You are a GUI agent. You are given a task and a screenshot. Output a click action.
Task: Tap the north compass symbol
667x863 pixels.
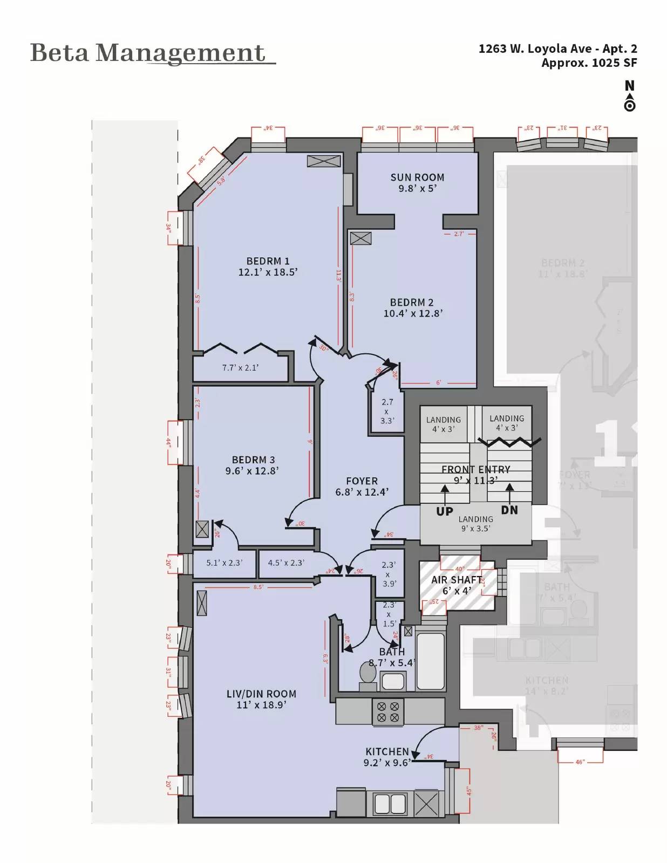tap(629, 95)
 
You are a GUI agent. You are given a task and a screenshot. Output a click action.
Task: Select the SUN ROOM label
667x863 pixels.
tap(417, 177)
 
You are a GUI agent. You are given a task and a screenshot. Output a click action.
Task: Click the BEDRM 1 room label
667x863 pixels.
tap(268, 261)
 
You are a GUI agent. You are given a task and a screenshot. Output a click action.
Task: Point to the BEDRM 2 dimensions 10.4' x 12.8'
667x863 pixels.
tap(413, 313)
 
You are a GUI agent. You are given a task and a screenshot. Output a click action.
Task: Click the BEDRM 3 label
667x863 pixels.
tap(253, 460)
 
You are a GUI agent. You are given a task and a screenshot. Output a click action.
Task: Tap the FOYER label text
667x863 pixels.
tap(362, 481)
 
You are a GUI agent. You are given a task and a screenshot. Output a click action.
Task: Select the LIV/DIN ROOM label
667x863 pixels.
tap(261, 694)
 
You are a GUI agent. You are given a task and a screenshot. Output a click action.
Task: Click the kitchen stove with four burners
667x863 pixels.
tap(388, 711)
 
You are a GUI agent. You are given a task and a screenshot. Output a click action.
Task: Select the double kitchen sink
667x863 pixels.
tap(390, 803)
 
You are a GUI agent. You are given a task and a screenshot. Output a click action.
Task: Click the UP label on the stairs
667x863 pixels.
tap(444, 511)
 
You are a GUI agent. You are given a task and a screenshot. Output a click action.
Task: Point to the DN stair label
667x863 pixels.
tap(509, 510)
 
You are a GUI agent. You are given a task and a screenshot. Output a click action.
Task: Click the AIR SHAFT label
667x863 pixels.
tap(456, 580)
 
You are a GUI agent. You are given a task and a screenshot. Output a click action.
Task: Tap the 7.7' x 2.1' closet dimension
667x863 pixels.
tap(240, 368)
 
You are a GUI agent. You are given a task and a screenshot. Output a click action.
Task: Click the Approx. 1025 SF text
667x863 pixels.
tap(589, 63)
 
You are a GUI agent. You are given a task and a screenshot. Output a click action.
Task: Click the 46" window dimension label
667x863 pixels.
tap(580, 762)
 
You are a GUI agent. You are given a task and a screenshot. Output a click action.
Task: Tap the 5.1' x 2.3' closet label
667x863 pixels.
tap(224, 563)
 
